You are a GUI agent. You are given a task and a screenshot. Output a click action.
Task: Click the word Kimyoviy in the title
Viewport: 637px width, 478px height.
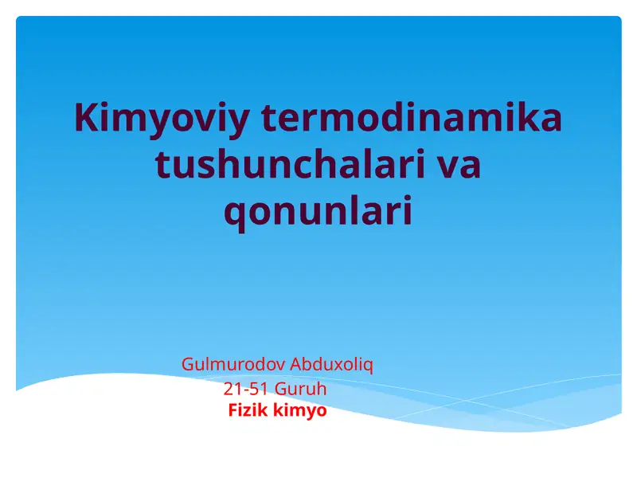[x=161, y=119]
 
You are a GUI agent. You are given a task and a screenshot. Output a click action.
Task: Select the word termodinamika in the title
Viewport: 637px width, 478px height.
[x=412, y=119]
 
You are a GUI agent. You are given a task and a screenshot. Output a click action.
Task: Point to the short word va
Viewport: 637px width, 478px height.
[x=459, y=166]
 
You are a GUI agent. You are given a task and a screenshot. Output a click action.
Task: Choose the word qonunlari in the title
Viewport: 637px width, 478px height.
[x=318, y=213]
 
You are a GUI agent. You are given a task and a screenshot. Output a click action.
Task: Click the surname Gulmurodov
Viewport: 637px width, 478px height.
[x=233, y=365]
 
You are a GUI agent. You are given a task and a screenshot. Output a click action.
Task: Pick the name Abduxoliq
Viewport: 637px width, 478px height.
[x=332, y=365]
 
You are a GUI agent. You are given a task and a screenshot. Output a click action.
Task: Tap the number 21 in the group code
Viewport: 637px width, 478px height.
[x=232, y=390]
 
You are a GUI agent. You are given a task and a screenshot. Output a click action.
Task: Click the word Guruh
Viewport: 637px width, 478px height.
[x=300, y=390]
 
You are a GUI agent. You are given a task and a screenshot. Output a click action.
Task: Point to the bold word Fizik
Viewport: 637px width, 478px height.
[x=248, y=411]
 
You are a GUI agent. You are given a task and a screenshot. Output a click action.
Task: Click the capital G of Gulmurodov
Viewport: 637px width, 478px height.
[x=188, y=365]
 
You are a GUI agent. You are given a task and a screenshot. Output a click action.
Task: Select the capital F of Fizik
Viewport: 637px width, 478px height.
[x=233, y=411]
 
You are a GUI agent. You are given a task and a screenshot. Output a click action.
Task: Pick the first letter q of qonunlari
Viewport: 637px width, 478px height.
[x=234, y=214]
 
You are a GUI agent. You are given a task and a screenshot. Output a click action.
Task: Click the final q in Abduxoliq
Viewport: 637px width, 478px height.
[x=369, y=366]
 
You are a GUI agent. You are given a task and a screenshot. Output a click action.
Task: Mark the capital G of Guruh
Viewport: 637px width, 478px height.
[x=280, y=390]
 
